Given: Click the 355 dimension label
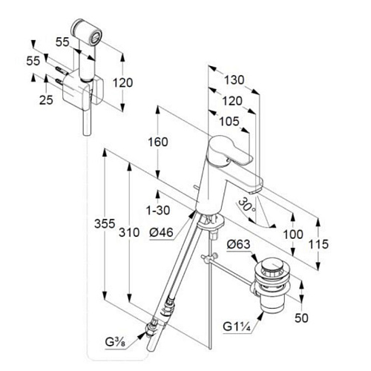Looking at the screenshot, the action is click(x=105, y=223).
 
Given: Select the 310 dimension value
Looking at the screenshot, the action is click(x=129, y=232).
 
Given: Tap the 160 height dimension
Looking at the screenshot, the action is click(x=158, y=142).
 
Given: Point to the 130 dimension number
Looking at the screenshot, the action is click(x=234, y=80).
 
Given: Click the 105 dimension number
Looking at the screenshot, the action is click(x=229, y=121).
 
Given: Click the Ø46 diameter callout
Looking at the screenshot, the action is click(x=161, y=232).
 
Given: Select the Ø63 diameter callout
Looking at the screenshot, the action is click(x=239, y=244).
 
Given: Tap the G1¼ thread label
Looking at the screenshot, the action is click(x=237, y=326).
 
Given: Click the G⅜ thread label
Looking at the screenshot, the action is click(x=115, y=342).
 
